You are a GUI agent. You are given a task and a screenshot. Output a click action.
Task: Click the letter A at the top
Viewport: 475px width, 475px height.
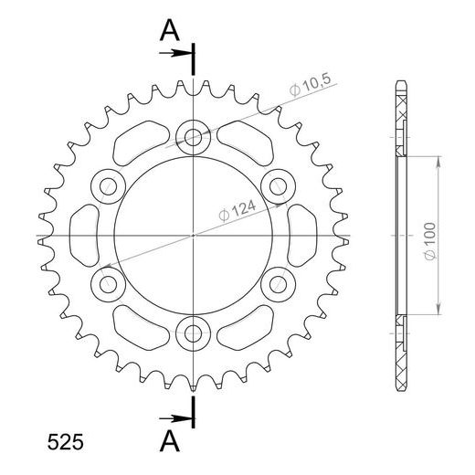[x=169, y=30]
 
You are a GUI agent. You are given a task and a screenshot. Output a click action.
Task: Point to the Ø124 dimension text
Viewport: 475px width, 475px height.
[x=237, y=208]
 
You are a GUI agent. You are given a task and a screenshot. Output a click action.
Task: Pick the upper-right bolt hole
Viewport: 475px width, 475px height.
[x=276, y=186]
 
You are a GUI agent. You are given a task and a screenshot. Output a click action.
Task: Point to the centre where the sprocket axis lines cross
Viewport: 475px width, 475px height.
[x=194, y=235]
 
